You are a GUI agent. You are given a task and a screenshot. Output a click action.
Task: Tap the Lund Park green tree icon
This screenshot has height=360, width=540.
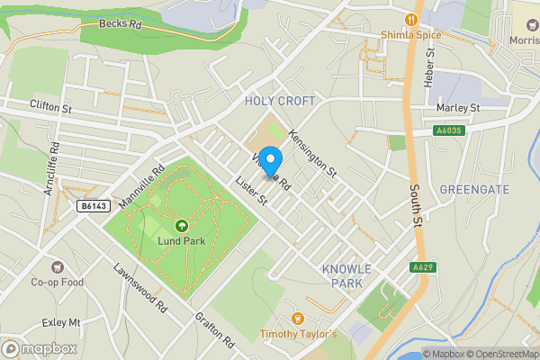click(x=182, y=226)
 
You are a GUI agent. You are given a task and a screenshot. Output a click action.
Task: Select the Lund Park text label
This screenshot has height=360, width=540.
click(x=182, y=240)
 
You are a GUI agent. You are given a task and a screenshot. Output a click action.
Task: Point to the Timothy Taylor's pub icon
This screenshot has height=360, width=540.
click(x=298, y=318)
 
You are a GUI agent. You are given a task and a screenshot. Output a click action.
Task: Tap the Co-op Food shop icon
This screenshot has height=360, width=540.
click(x=58, y=266)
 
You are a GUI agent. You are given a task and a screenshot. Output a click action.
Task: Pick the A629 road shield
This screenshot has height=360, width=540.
click(x=423, y=267)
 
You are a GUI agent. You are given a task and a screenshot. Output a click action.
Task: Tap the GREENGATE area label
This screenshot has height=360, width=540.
click(x=475, y=189)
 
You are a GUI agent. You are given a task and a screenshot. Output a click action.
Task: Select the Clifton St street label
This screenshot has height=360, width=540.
click(x=50, y=107)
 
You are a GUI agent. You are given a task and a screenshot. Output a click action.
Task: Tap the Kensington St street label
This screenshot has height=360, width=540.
click(x=312, y=153)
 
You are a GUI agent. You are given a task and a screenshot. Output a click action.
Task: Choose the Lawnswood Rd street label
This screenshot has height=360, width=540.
click(x=141, y=287)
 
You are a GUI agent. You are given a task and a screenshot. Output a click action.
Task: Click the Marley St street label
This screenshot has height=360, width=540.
click(x=458, y=108)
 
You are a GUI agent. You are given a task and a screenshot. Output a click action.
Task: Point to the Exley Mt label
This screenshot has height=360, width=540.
click(x=61, y=321)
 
